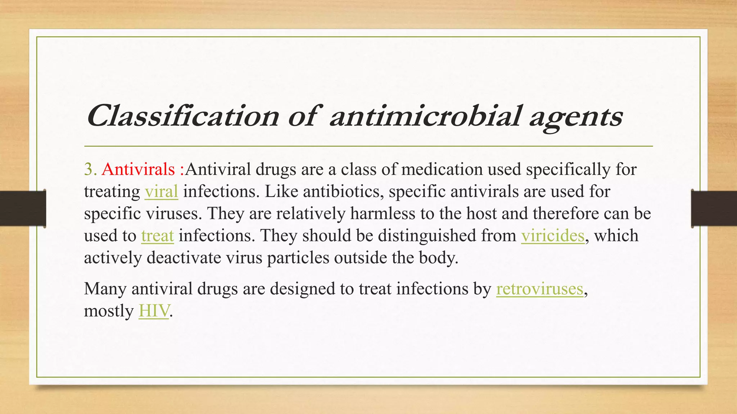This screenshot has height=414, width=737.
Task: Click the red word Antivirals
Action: pos(138,169)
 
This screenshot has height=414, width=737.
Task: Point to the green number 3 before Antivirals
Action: pos(88,169)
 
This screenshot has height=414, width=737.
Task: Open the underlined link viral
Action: pos(161,192)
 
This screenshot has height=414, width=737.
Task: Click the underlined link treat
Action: pos(157,236)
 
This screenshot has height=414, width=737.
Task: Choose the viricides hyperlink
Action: pos(552,236)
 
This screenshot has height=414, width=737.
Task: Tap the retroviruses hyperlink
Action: pos(539,289)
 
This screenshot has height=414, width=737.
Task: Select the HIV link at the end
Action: pos(154,311)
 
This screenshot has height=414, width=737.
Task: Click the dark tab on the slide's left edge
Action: pos(23,208)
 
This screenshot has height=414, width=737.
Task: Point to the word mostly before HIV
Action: pos(109,311)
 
